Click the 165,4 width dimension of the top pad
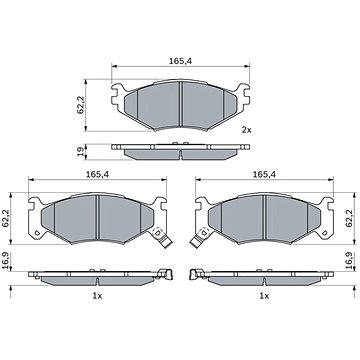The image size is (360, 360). [x=181, y=61]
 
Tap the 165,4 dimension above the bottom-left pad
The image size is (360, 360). [x=97, y=174]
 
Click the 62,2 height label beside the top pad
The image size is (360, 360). [x=80, y=105]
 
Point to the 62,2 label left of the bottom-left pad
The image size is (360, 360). [x=6, y=218]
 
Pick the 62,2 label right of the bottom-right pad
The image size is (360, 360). [x=349, y=218]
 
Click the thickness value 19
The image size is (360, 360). [x=80, y=152]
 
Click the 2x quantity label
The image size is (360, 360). [x=246, y=130]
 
